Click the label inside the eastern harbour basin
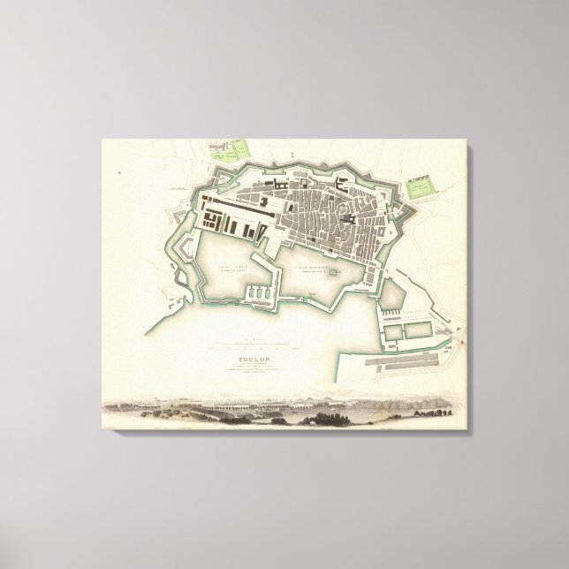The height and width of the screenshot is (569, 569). (312, 262)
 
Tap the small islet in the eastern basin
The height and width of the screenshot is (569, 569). (333, 274)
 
